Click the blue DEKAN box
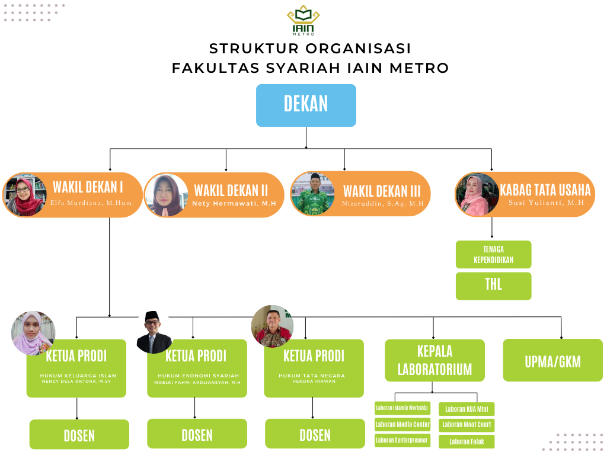pos(306,105)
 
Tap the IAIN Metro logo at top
pos(303,21)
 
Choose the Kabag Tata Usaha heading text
pos(545,190)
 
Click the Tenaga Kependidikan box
pos(493,255)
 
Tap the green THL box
pos(493,285)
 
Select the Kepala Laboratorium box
pos(435,360)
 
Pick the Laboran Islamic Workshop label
pos(402,408)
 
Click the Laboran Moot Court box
pos(467,425)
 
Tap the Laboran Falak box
pos(467,441)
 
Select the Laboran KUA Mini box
pos(467,409)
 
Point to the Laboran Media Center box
pos(402,425)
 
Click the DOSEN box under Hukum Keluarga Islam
pos(79,435)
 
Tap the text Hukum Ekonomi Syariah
pos(198,376)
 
